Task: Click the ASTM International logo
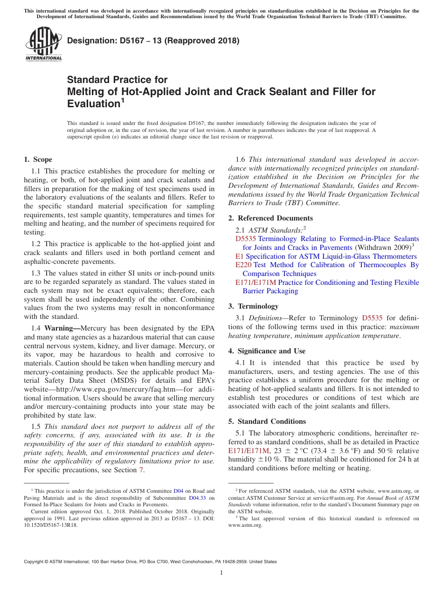pos(43,44)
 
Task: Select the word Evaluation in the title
pos(94,103)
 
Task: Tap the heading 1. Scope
pos(38,159)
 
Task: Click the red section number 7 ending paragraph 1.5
pos(141,470)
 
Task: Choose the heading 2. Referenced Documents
pos(270,218)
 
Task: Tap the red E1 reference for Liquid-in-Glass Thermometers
pos(239,256)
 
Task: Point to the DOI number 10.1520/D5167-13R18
pos(51,524)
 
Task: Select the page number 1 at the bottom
pos(221,573)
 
